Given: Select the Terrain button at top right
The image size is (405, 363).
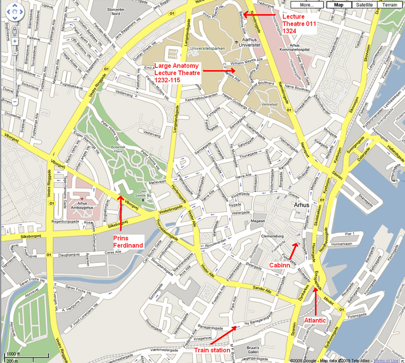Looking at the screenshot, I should [389, 5].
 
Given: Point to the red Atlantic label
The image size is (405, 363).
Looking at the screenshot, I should [315, 320].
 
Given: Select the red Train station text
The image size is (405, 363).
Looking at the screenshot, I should [212, 350].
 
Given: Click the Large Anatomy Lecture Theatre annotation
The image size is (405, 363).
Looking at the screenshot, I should [177, 73].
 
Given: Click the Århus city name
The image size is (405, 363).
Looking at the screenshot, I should [301, 205].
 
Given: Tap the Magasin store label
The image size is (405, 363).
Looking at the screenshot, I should [257, 221].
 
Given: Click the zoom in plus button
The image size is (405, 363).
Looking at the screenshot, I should [15, 41].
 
